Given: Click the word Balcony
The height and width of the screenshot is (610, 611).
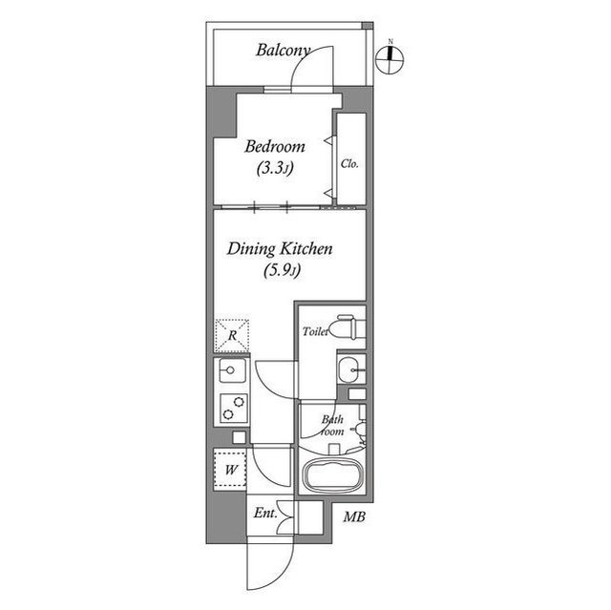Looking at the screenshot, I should click(283, 50).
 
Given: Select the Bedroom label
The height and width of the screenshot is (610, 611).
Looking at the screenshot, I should click(275, 147).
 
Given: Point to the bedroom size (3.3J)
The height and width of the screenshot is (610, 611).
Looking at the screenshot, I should click(275, 168).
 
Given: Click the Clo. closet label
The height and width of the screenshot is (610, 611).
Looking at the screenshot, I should click(349, 163).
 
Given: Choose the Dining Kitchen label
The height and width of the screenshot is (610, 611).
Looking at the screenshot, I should click(279, 249).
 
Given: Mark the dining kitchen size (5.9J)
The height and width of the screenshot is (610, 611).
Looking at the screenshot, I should click(282, 270).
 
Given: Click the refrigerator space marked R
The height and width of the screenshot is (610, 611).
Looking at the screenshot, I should click(232, 336).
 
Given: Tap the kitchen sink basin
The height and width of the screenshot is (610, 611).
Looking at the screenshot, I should click(231, 372).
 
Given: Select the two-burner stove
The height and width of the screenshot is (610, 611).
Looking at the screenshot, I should click(231, 406).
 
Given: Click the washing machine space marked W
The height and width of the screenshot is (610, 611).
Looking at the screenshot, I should click(231, 470).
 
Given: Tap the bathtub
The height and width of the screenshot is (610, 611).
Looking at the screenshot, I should click(331, 474).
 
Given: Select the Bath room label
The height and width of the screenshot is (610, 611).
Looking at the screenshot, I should click(331, 425).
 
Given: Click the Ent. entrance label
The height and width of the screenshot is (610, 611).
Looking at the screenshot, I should click(264, 514).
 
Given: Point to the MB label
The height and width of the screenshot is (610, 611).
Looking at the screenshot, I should click(354, 518).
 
